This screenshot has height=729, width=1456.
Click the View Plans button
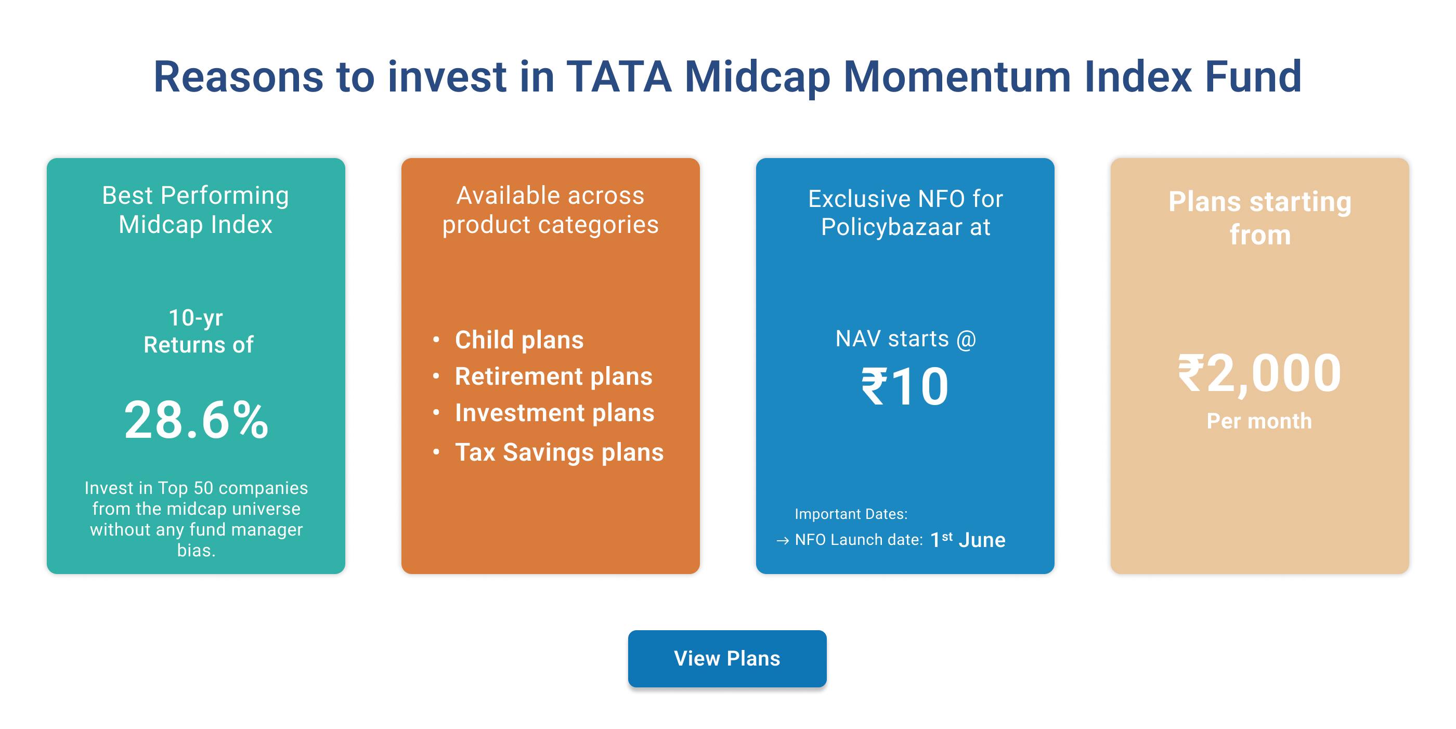click(727, 658)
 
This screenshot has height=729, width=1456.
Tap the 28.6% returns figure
click(196, 420)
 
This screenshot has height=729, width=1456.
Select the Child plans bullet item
click(519, 340)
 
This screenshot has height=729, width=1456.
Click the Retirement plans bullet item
click(553, 376)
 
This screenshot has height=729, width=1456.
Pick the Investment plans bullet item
click(554, 413)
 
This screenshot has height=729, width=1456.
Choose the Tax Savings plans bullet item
click(559, 452)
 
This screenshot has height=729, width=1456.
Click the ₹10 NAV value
click(904, 387)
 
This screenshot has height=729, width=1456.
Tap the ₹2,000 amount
click(1259, 373)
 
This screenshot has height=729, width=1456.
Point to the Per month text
click(1259, 421)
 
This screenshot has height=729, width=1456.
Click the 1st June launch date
click(968, 540)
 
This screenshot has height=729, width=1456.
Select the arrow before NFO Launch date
click(782, 541)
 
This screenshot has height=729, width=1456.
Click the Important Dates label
click(851, 514)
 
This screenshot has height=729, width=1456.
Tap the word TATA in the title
click(619, 77)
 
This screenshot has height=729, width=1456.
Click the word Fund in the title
click(1253, 77)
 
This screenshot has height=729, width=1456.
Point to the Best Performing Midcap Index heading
click(196, 210)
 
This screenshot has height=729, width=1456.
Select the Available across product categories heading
click(550, 210)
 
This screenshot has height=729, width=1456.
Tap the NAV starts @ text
click(905, 339)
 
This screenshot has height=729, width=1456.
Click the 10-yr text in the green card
click(196, 318)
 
